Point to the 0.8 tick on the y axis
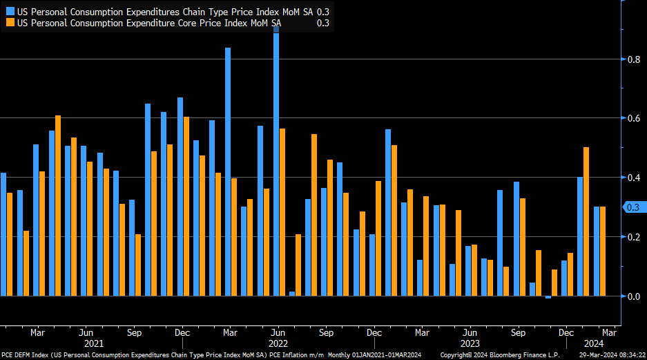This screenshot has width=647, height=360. click(x=632, y=59)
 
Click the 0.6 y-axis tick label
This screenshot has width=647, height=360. click(x=632, y=119)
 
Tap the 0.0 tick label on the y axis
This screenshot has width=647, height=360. click(x=632, y=296)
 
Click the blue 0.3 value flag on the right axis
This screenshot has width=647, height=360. click(x=632, y=207)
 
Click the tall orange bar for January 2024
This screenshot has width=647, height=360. click(x=586, y=221)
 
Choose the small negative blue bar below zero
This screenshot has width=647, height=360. click(x=548, y=297)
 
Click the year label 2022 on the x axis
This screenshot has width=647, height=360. click(x=278, y=343)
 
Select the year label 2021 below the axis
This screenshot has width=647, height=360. click(x=94, y=343)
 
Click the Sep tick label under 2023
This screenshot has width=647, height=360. click(x=517, y=332)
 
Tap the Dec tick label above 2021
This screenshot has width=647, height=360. click(x=182, y=332)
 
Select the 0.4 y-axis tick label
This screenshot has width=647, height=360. click(x=632, y=178)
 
